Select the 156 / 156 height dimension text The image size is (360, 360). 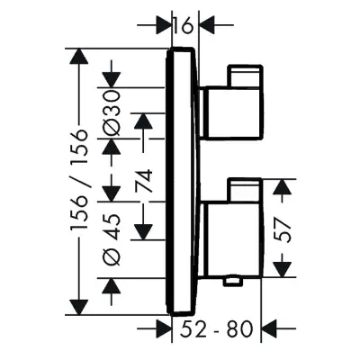(79, 180)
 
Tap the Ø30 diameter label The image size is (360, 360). (112, 113)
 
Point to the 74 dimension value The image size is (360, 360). (144, 181)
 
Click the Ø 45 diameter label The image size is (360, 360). (112, 240)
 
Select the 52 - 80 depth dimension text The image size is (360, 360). (217, 328)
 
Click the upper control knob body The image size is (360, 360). (231, 113)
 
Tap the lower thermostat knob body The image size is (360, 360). (231, 239)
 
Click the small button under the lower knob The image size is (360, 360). (233, 281)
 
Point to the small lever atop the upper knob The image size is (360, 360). (246, 76)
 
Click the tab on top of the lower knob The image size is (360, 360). (246, 190)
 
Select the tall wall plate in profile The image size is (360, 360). (183, 182)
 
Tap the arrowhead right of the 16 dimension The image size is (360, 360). (209, 25)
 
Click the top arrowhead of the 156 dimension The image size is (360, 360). (79, 56)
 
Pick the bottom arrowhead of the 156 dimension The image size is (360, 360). (79, 307)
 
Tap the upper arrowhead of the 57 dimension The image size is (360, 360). (283, 188)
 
